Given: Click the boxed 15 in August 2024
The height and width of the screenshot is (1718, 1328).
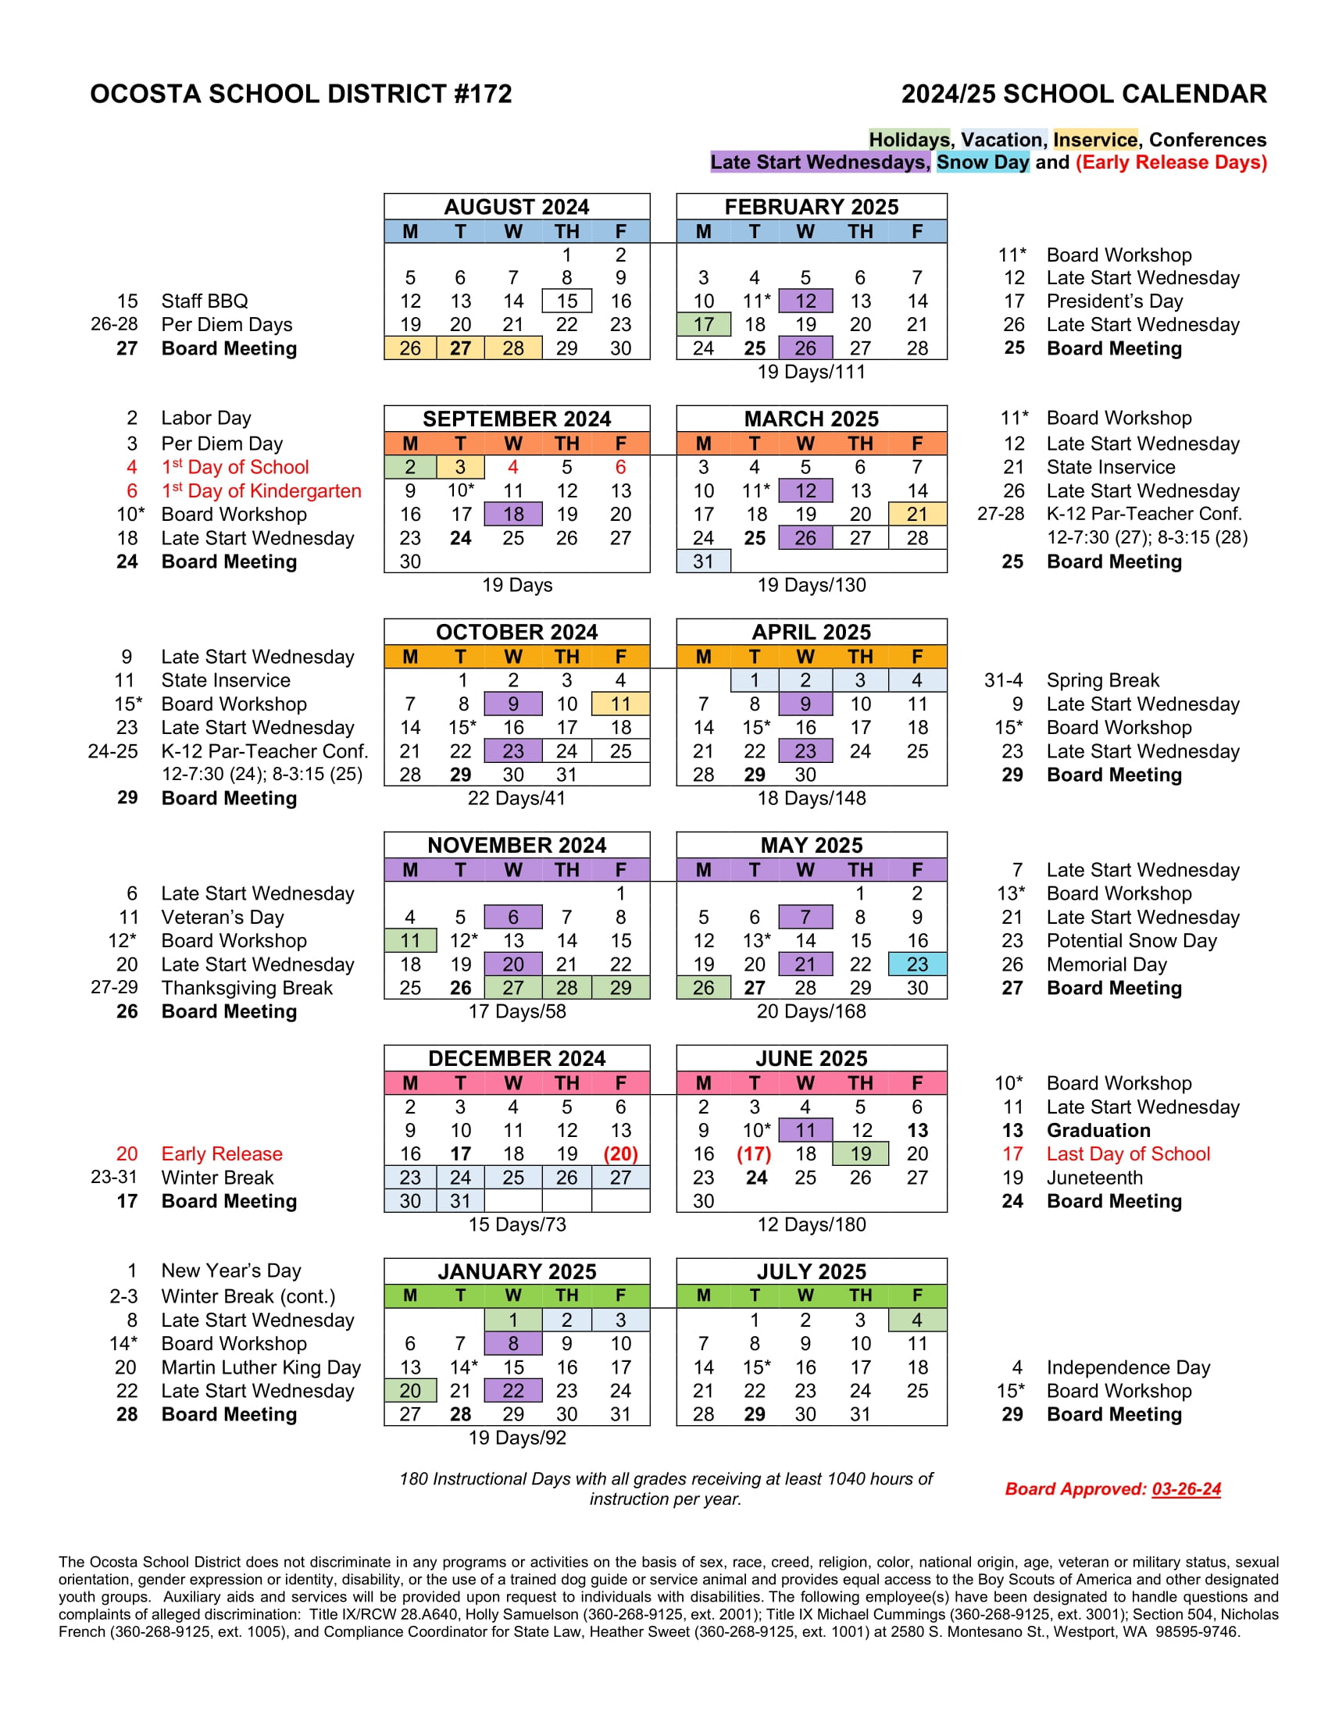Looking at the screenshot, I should (x=566, y=301).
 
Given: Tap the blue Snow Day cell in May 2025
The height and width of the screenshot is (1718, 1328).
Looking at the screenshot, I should (x=916, y=964).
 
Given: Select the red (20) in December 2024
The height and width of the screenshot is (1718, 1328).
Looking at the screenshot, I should (x=620, y=1154).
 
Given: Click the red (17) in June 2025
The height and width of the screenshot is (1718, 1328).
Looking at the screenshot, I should (x=754, y=1154).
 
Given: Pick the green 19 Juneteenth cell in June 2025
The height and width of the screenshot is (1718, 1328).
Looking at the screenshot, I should (x=860, y=1154).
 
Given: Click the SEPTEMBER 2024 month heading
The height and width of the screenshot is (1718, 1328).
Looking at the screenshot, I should (x=517, y=419).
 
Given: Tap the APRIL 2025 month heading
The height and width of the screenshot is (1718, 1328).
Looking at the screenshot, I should (x=811, y=632).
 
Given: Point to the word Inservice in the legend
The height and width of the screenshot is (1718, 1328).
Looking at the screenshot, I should (x=1095, y=140).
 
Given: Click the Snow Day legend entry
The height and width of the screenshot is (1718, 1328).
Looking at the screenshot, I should (x=982, y=162).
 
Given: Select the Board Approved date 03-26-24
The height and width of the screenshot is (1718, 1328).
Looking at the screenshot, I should (x=1186, y=1489).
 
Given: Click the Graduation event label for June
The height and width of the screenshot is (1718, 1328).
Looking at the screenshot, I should (x=1098, y=1131).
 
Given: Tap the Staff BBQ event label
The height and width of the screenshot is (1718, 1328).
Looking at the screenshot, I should (x=205, y=301).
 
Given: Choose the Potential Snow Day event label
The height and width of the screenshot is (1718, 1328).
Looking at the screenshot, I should (x=1131, y=941).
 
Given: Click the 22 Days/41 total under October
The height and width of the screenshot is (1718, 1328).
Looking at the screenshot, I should (x=517, y=798).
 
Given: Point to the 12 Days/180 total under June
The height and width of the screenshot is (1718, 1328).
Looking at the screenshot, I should (x=811, y=1224).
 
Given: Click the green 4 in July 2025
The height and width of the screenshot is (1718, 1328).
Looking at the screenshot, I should (x=916, y=1320).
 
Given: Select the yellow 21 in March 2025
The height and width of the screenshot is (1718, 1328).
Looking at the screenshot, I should (x=916, y=515).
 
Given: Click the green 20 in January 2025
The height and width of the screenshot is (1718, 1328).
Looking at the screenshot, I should (x=410, y=1391).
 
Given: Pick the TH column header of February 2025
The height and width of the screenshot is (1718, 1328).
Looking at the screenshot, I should (x=860, y=232).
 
